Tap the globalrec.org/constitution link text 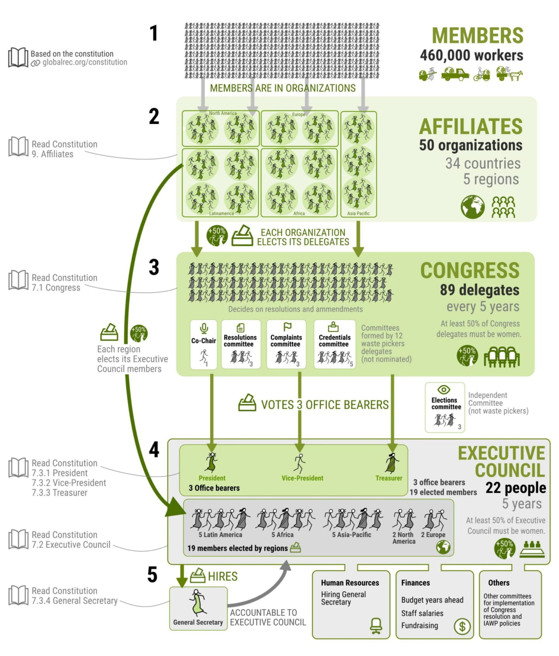click(85, 62)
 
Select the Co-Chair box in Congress click(203, 344)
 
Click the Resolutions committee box click(240, 344)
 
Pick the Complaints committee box click(286, 344)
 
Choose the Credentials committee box click(334, 344)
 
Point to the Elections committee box click(444, 407)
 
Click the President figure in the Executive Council click(211, 462)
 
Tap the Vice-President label click(302, 478)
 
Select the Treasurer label click(389, 478)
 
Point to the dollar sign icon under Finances click(462, 626)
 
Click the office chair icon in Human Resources click(376, 626)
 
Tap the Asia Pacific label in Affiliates click(358, 213)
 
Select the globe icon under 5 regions click(472, 207)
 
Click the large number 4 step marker click(154, 450)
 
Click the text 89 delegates click(479, 290)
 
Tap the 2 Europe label click(433, 535)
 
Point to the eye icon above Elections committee click(444, 390)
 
